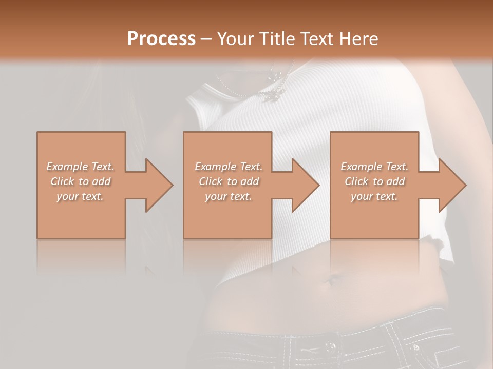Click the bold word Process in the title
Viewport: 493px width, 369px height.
click(x=161, y=38)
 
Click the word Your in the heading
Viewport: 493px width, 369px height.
click(x=235, y=38)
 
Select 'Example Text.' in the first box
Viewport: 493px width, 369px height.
click(x=80, y=166)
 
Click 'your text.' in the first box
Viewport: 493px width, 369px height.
click(x=80, y=196)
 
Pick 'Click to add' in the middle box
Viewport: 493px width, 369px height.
click(x=229, y=181)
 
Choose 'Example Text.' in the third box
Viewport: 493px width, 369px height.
click(x=374, y=166)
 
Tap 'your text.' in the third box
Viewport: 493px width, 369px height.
click(x=374, y=196)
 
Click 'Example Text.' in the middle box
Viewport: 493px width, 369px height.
click(x=229, y=166)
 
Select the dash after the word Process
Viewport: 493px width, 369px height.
click(x=206, y=38)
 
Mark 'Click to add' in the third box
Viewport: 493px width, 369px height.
click(x=374, y=181)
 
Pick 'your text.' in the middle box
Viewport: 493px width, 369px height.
click(x=229, y=196)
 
